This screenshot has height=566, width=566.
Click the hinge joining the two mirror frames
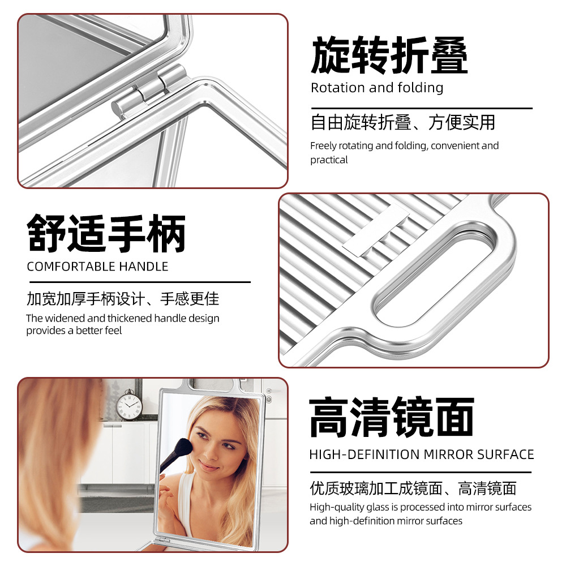[x=149, y=91]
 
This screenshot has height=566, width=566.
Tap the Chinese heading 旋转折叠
[x=389, y=55]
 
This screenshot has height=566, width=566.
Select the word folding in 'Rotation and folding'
[x=420, y=88]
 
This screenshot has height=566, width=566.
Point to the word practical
[x=329, y=160]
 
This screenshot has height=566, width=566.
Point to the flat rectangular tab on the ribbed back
[x=375, y=230]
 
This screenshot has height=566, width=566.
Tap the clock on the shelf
[x=129, y=405]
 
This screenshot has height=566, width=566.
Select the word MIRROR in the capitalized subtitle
[x=448, y=454]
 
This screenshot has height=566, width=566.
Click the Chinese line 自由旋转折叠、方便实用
[x=403, y=122]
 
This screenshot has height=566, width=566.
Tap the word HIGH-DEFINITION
[x=365, y=454]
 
